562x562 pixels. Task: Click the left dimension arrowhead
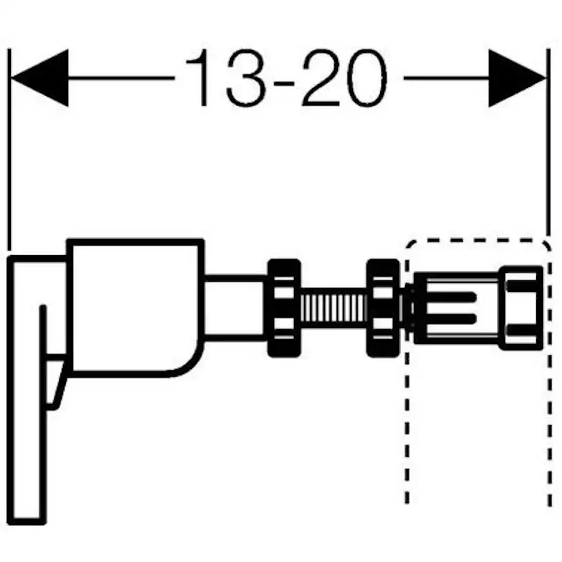pyautogui.click(x=41, y=78)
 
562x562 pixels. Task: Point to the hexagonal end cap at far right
pyautogui.click(x=521, y=307)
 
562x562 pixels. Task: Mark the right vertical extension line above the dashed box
pyautogui.click(x=548, y=149)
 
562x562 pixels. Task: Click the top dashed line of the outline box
pyautogui.click(x=475, y=240)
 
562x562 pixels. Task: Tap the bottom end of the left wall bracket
pyautogui.click(x=29, y=519)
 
